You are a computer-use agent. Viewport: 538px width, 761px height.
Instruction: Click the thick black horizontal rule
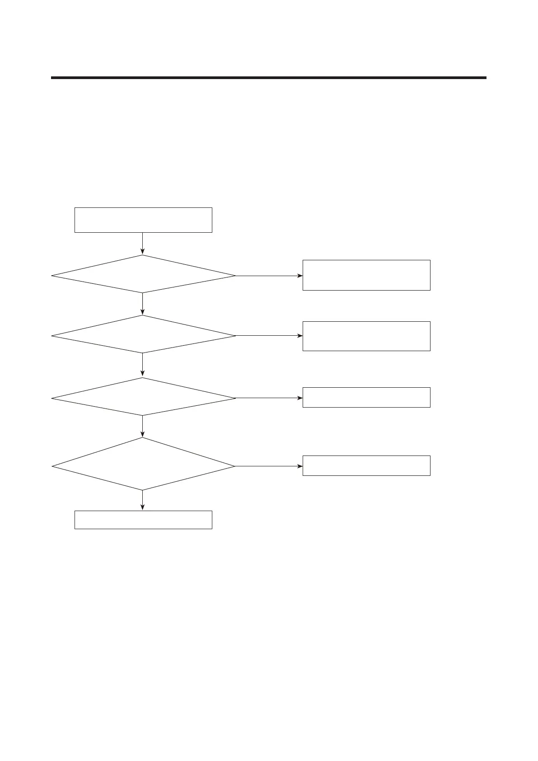click(269, 78)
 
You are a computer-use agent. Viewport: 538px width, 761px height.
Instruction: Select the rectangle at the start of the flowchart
click(143, 220)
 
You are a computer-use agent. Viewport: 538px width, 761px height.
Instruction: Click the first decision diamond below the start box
click(143, 274)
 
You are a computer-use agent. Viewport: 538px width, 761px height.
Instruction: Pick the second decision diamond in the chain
click(143, 334)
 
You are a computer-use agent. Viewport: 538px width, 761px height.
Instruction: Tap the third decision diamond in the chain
click(143, 397)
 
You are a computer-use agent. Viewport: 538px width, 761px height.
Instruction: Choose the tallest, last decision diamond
click(143, 464)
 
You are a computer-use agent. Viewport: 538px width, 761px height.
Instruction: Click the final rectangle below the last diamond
click(143, 520)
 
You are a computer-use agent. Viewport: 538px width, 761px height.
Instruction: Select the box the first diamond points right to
click(366, 275)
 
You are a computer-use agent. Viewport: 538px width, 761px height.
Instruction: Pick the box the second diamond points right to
click(366, 336)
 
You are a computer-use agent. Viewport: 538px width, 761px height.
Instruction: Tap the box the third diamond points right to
click(366, 397)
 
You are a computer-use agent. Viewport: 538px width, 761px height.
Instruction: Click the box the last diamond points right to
click(366, 465)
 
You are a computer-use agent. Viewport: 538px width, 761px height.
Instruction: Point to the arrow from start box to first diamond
click(143, 244)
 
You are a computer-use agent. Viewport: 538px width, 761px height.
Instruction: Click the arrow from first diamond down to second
click(143, 304)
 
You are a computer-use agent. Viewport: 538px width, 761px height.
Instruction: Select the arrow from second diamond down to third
click(143, 365)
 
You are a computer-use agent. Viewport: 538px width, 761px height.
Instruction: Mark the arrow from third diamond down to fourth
click(143, 426)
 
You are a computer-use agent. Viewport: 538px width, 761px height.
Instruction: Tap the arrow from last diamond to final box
click(143, 500)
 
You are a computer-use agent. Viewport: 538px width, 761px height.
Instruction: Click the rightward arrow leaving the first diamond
click(269, 276)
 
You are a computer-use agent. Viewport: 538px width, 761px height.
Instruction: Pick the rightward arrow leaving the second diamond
click(269, 336)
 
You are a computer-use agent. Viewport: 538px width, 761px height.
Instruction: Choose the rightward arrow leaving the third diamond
click(269, 398)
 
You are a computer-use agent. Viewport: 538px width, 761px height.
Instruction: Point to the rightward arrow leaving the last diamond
click(269, 466)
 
